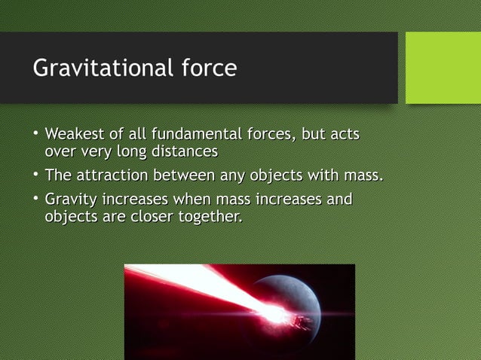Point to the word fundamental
pos(198,135)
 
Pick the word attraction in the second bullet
pos(112,175)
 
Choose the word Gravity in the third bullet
pos(70,200)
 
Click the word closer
pos(153,217)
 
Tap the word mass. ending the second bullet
pos(363,175)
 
